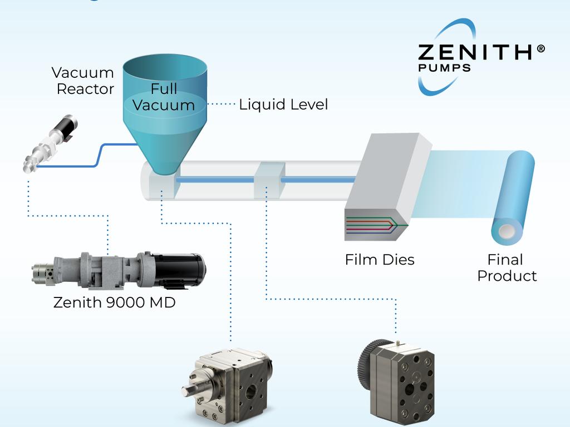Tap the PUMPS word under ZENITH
(x=444, y=68)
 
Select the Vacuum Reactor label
(x=83, y=81)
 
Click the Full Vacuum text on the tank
(x=164, y=97)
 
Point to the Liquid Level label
(x=283, y=105)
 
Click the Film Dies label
(x=380, y=260)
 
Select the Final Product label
(x=507, y=267)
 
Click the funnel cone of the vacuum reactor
(x=165, y=150)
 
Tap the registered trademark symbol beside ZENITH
(x=540, y=49)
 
